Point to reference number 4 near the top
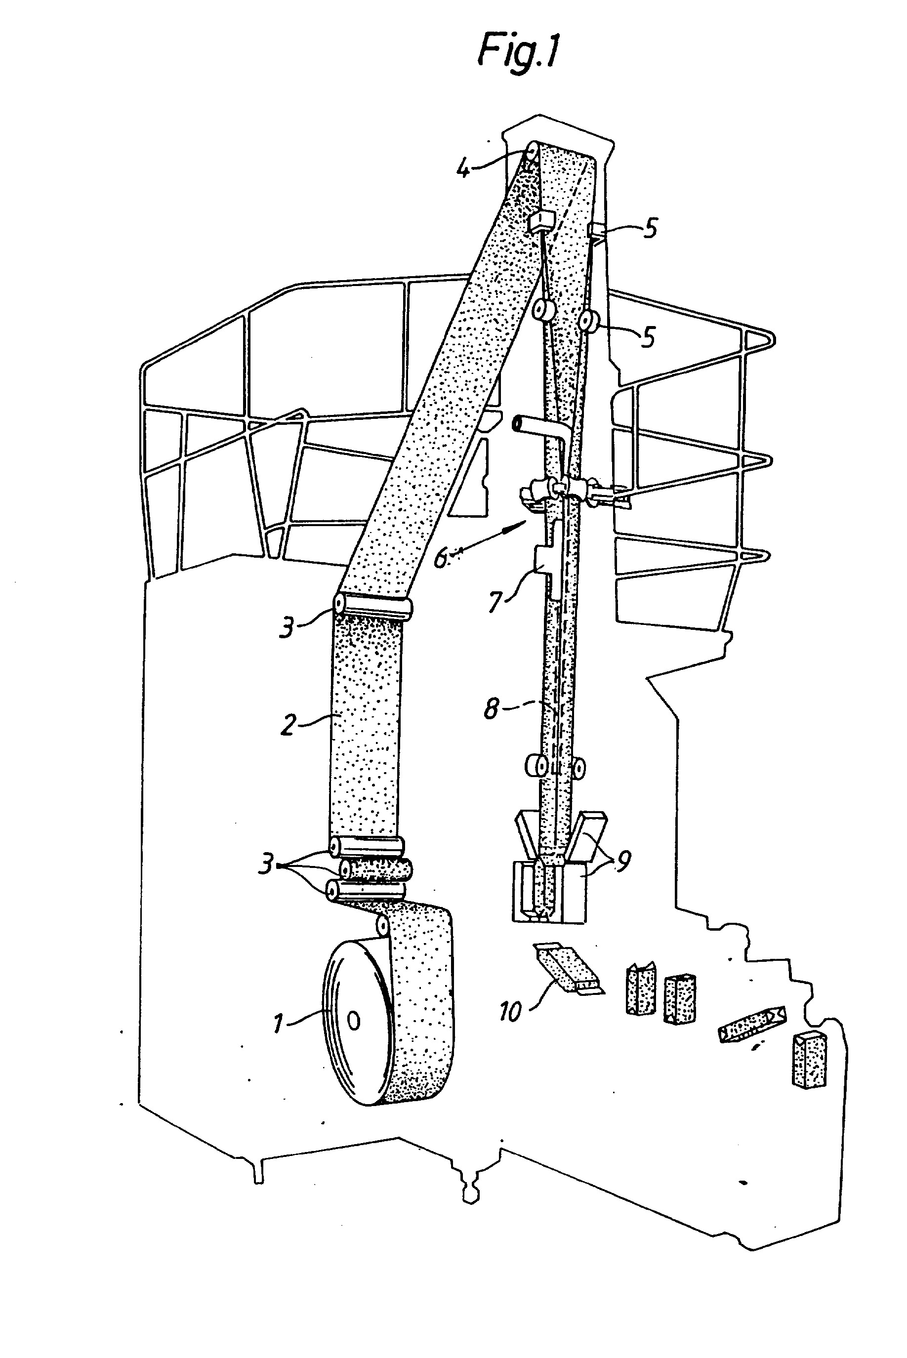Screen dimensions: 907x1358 463,169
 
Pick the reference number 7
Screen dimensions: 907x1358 495,602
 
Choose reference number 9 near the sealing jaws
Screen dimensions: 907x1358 623,861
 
